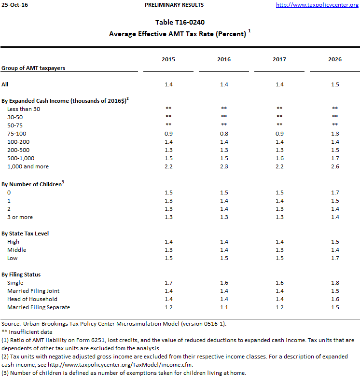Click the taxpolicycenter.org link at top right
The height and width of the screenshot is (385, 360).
pos(317,5)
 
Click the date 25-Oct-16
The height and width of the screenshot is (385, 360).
pos(14,5)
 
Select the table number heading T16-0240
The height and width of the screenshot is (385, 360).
pos(180,23)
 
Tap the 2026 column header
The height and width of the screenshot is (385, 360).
pos(334,59)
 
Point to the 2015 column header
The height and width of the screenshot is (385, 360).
pos(168,59)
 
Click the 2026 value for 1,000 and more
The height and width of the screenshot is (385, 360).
pos(334,166)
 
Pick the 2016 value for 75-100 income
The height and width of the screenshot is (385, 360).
pos(224,134)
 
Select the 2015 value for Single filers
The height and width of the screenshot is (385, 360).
pos(168,283)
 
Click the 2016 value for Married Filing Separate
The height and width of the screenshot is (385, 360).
pos(224,307)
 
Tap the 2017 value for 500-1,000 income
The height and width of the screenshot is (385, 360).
pos(279,158)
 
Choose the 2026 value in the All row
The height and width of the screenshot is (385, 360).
pos(334,84)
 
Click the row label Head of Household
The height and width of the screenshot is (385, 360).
pos(32,299)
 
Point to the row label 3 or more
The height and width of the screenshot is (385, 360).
pos(21,217)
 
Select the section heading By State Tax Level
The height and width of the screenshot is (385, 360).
pos(25,234)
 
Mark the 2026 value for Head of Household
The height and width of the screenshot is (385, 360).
pos(334,299)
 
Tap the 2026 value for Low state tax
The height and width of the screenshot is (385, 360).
pos(334,258)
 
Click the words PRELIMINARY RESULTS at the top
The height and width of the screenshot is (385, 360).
pos(174,5)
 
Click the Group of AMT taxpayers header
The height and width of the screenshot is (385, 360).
pos(33,68)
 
